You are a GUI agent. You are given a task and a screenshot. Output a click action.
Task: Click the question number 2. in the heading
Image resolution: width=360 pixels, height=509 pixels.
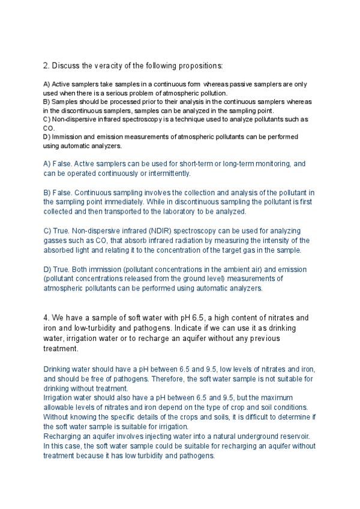[x=46, y=65]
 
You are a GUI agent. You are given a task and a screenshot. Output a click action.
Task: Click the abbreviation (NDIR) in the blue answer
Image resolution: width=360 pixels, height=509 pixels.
[x=173, y=230]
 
